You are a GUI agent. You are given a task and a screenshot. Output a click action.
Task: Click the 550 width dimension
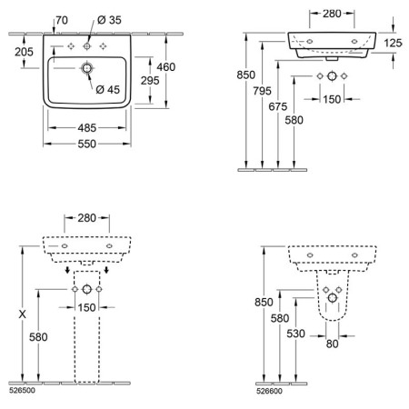(x=86, y=144)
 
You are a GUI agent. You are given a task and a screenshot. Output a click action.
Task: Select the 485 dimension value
(x=86, y=128)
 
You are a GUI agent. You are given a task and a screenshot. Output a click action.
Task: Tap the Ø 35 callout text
(x=109, y=20)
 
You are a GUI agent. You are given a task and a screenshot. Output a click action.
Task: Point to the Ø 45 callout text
(x=107, y=89)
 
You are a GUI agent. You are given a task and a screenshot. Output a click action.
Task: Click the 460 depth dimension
(x=166, y=67)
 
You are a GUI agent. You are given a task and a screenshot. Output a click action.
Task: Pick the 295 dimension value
(x=150, y=81)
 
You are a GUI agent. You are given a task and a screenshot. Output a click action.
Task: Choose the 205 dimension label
(x=24, y=52)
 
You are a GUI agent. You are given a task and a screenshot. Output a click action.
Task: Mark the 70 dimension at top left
(x=62, y=20)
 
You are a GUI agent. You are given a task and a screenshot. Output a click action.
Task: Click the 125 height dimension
(x=393, y=43)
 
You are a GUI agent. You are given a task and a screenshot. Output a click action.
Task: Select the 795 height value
(x=262, y=91)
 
